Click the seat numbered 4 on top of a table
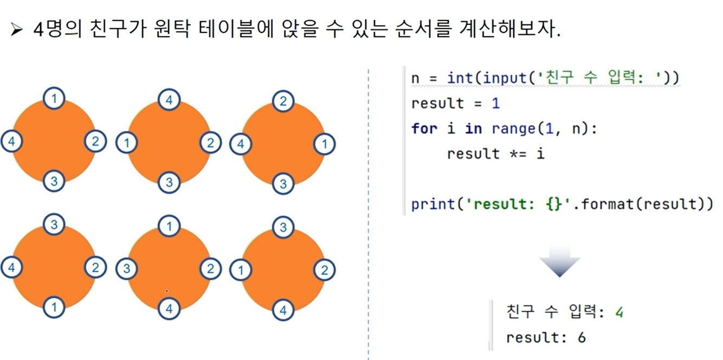coord(169,100)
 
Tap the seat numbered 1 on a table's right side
coord(325,144)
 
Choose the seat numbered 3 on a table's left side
coord(126,268)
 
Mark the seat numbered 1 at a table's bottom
coord(54,307)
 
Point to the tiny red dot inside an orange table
coord(166,291)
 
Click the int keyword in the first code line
coord(460,78)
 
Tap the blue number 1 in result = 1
coord(495,104)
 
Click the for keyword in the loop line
coord(424,129)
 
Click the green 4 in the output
coord(619,312)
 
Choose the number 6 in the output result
coord(582,338)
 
